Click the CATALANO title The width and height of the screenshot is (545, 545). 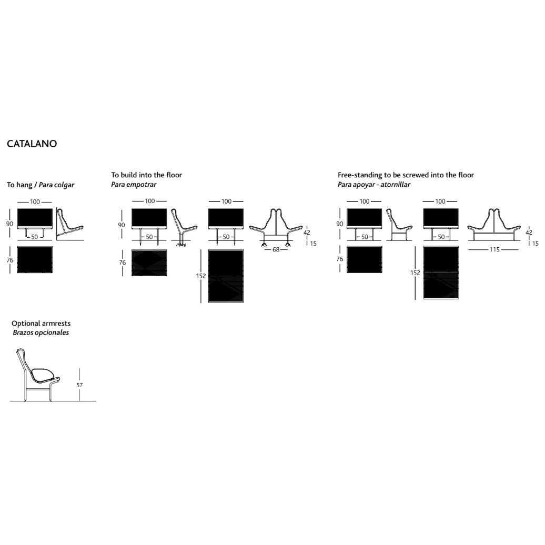tap(32, 144)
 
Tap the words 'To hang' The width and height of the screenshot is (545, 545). tap(19, 185)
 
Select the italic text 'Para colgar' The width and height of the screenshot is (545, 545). tap(56, 185)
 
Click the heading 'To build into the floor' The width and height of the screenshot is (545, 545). tap(146, 175)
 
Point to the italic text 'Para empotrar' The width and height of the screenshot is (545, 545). tap(134, 185)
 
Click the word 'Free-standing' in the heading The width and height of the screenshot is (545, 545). tap(360, 175)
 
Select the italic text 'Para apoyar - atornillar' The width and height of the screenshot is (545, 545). tap(374, 185)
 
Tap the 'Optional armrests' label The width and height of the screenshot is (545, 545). tap(41, 323)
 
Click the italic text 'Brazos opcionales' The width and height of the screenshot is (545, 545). tap(41, 332)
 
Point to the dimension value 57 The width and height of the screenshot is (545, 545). tap(79, 385)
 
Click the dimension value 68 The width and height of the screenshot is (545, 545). tap(276, 249)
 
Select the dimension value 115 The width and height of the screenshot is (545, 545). tap(494, 249)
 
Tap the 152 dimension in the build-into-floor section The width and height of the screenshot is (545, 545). tap(201, 276)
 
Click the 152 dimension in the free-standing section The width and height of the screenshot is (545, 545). tap(415, 273)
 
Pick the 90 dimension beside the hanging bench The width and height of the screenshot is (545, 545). tap(9, 224)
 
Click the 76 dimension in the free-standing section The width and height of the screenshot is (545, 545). tap(340, 259)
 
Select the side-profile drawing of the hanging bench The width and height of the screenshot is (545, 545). tap(70, 224)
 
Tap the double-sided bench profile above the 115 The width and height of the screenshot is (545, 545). tap(494, 225)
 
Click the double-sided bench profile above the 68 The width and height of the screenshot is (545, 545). tap(276, 228)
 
